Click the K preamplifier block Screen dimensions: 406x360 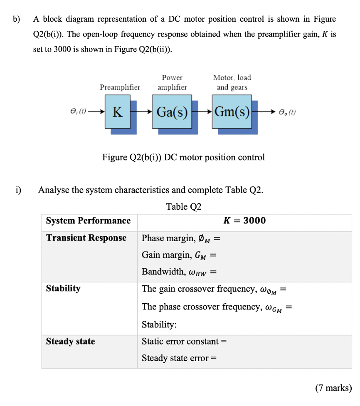point(118,112)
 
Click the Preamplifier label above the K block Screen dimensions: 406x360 point(120,87)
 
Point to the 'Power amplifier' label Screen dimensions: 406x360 point(172,82)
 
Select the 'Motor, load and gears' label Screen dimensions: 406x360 point(232,82)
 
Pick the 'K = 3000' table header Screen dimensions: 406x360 point(244,220)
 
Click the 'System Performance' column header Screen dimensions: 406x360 point(88,220)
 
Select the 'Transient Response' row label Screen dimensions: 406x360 point(86,238)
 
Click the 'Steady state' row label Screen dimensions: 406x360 point(70,342)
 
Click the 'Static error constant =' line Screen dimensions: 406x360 point(184,342)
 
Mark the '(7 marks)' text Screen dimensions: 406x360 point(333,388)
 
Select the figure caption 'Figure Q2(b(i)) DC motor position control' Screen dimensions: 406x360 point(183,157)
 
